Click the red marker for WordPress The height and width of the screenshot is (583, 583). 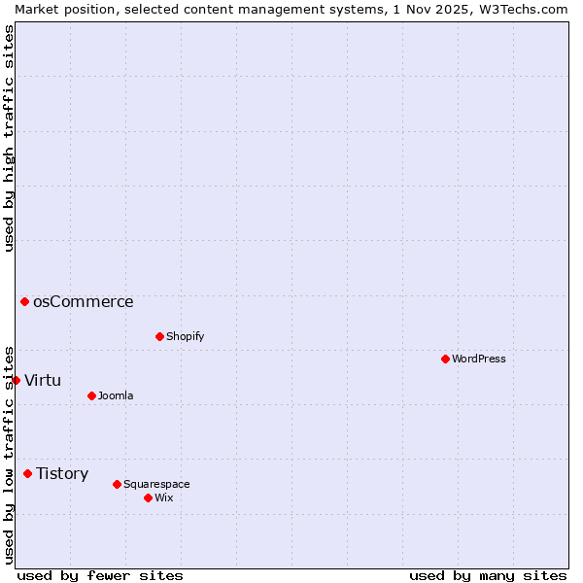click(x=445, y=359)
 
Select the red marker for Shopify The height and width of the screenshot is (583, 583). click(x=159, y=336)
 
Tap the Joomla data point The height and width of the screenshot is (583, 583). click(x=91, y=395)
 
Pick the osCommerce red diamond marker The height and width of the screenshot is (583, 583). click(x=24, y=301)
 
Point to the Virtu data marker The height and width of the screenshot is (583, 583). click(x=16, y=380)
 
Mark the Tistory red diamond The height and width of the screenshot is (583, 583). click(x=27, y=473)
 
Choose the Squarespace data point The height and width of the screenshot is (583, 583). click(x=117, y=484)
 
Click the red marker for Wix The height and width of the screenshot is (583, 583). click(x=148, y=497)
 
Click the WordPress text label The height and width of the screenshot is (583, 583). click(x=479, y=359)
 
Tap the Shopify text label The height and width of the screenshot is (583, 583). click(x=185, y=336)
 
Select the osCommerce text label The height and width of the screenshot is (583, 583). click(x=84, y=301)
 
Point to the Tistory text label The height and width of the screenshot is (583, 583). click(x=62, y=473)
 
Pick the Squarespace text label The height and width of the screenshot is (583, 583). click(x=156, y=484)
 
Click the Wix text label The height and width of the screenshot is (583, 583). click(x=164, y=497)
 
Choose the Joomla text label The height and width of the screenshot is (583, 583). click(x=116, y=395)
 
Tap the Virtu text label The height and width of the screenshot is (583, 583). click(x=43, y=380)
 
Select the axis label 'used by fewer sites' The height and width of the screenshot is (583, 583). click(x=100, y=575)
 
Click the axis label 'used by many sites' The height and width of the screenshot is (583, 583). click(x=488, y=575)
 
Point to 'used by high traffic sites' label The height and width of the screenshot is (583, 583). click(x=9, y=138)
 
